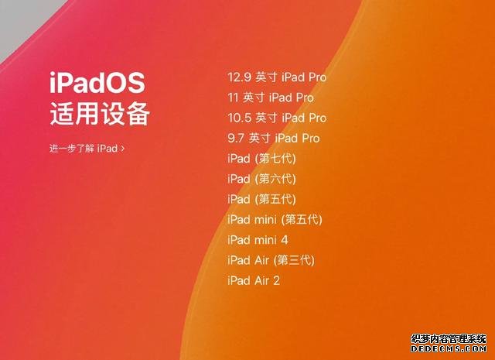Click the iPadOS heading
click(x=97, y=83)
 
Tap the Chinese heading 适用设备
click(x=100, y=114)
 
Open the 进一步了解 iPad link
click(x=87, y=148)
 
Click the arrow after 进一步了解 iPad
click(x=122, y=148)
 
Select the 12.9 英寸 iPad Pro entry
click(x=277, y=77)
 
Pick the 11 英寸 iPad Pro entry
click(x=271, y=98)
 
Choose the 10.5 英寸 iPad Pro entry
click(x=277, y=118)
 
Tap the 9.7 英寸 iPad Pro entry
click(x=273, y=138)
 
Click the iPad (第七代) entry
click(x=261, y=159)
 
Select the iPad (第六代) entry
click(x=261, y=179)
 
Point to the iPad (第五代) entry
click(x=261, y=199)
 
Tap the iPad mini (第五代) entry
click(x=275, y=219)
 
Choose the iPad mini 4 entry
click(x=258, y=240)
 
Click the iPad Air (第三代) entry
click(x=271, y=260)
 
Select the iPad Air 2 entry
click(x=254, y=280)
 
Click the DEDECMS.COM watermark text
click(x=449, y=348)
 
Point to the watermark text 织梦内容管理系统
click(x=449, y=339)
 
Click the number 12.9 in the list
click(x=240, y=77)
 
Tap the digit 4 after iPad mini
click(x=285, y=240)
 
